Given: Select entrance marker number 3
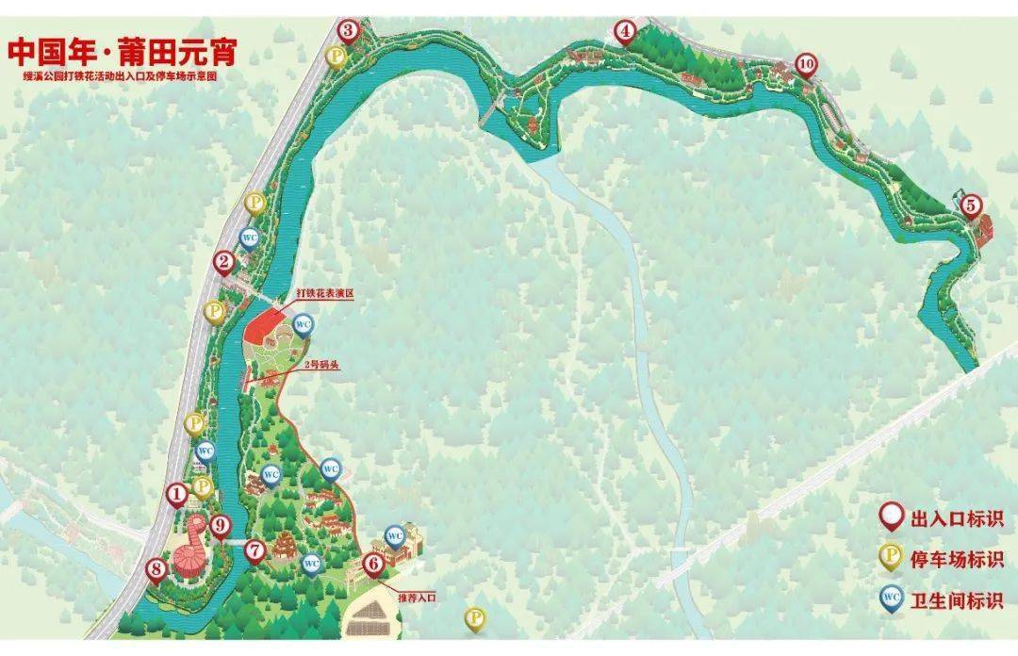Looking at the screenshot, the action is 349,31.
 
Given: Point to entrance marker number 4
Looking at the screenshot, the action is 625,31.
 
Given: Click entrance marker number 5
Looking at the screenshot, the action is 971,204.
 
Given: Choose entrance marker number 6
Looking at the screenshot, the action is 373,564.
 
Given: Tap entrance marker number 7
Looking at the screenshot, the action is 254,549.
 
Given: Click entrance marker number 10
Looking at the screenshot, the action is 805,64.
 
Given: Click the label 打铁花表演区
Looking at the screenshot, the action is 324,293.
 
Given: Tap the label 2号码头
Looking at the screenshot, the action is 321,365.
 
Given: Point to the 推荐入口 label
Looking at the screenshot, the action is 416,598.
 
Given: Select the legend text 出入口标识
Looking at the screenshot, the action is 956,518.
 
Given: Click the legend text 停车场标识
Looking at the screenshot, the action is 956,559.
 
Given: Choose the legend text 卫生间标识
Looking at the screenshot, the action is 956,600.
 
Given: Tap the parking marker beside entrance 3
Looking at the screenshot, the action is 337,57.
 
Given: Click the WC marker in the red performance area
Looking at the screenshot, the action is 304,324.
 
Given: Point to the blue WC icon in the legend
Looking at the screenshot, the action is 889,598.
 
